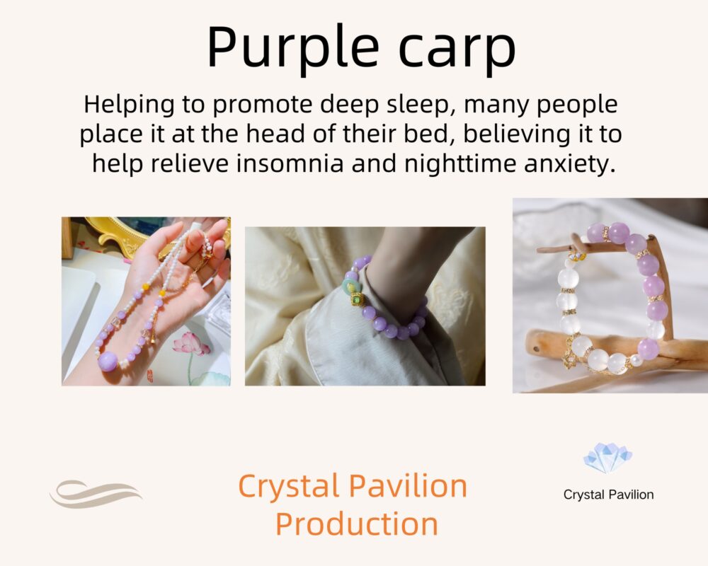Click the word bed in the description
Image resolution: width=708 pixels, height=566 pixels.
coord(430,134)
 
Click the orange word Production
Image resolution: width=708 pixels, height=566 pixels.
coord(357,524)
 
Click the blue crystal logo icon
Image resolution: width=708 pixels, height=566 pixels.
coord(607,458)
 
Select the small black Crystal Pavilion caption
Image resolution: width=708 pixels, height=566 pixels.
coord(608,495)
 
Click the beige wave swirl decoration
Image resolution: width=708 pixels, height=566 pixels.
coord(96,494)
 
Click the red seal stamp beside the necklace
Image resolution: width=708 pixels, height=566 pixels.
coord(150,375)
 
